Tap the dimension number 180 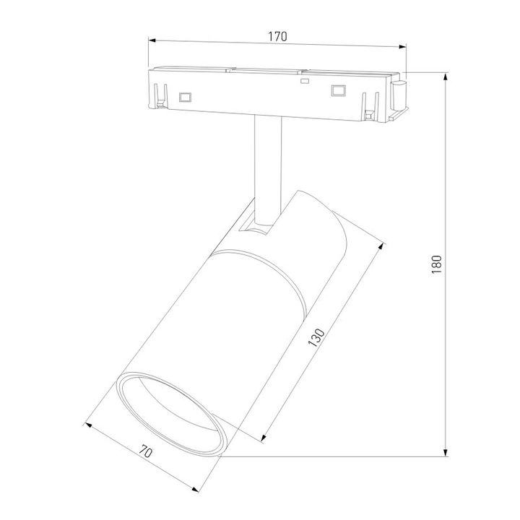tap(435, 265)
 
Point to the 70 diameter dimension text tap(144, 454)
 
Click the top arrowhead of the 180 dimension tap(446, 75)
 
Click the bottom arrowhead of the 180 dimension tap(446, 454)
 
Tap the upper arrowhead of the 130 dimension tap(380, 247)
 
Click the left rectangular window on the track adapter tap(186, 95)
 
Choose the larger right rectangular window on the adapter tap(336, 90)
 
